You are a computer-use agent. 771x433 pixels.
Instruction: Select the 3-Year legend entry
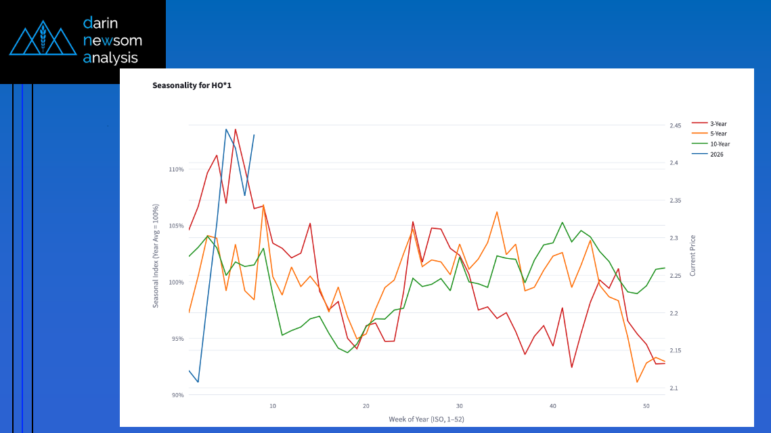pyautogui.click(x=718, y=124)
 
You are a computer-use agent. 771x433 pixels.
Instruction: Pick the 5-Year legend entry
pyautogui.click(x=718, y=134)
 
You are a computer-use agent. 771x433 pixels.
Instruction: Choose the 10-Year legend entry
pyautogui.click(x=720, y=144)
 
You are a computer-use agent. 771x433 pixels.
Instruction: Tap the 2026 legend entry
pyautogui.click(x=716, y=154)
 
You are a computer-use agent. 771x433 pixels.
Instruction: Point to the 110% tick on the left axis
pyautogui.click(x=176, y=169)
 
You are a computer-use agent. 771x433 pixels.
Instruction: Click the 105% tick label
pyautogui.click(x=176, y=226)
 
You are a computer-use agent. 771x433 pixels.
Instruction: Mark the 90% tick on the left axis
pyautogui.click(x=177, y=395)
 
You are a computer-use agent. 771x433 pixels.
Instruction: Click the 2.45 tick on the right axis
pyautogui.click(x=676, y=126)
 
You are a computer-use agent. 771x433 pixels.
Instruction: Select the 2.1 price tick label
pyautogui.click(x=674, y=388)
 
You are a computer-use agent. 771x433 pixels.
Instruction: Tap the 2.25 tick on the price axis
pyautogui.click(x=676, y=276)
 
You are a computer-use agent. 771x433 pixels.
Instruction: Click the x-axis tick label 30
pyautogui.click(x=459, y=406)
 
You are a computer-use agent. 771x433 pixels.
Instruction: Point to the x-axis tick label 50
pyautogui.click(x=646, y=406)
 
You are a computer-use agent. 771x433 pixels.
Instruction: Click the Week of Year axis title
pyautogui.click(x=426, y=419)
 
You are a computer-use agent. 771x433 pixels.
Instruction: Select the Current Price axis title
pyautogui.click(x=692, y=255)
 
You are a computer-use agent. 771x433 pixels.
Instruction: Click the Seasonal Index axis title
pyautogui.click(x=156, y=255)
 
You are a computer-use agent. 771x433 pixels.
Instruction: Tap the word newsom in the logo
pyautogui.click(x=112, y=41)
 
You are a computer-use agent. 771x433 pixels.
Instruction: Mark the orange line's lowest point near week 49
pyautogui.click(x=637, y=382)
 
